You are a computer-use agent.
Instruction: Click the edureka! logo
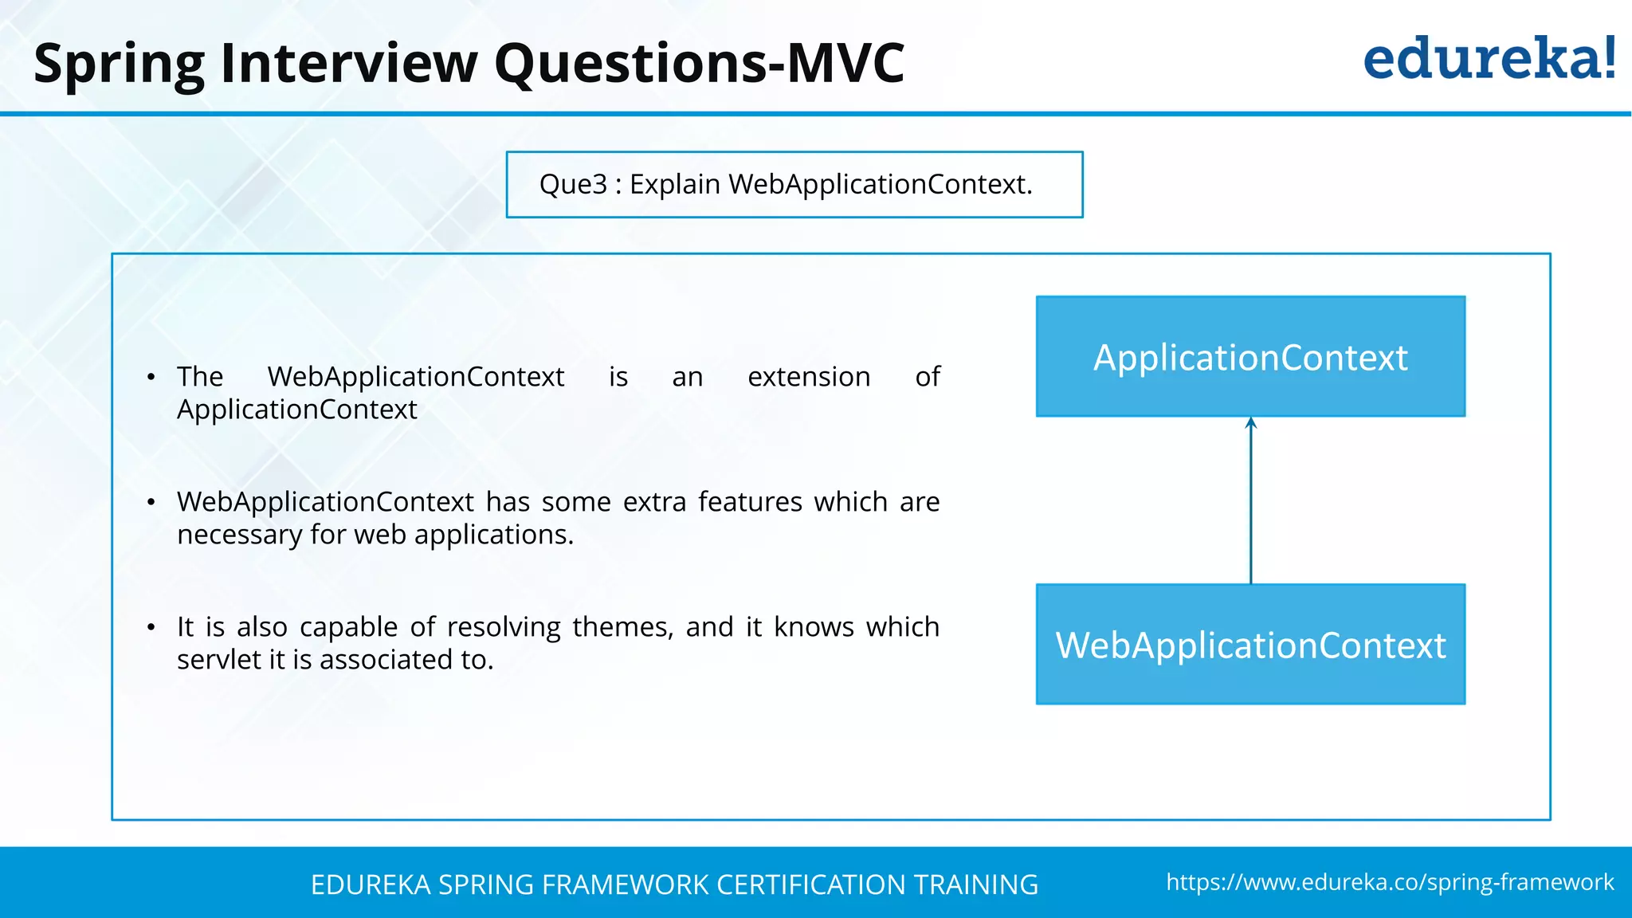[x=1489, y=59]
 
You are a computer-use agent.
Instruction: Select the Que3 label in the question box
[x=573, y=185]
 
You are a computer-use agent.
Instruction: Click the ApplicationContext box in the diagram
[x=1250, y=356]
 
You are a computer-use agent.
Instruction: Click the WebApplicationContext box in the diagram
[x=1250, y=645]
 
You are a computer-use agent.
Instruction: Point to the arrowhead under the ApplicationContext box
[x=1251, y=423]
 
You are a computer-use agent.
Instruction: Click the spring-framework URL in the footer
[x=1390, y=882]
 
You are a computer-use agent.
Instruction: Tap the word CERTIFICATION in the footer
[x=810, y=885]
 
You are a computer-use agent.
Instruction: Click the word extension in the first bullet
[x=809, y=376]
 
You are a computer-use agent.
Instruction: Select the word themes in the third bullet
[x=622, y=627]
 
